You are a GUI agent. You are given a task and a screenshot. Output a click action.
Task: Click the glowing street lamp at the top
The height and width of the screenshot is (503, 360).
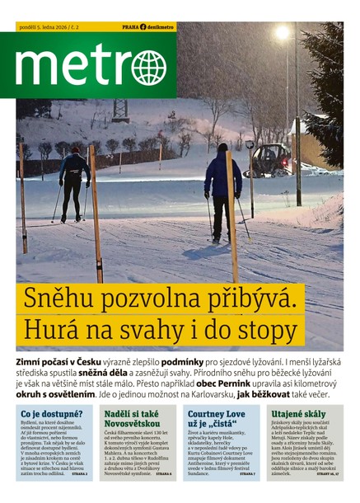click(283, 33)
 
